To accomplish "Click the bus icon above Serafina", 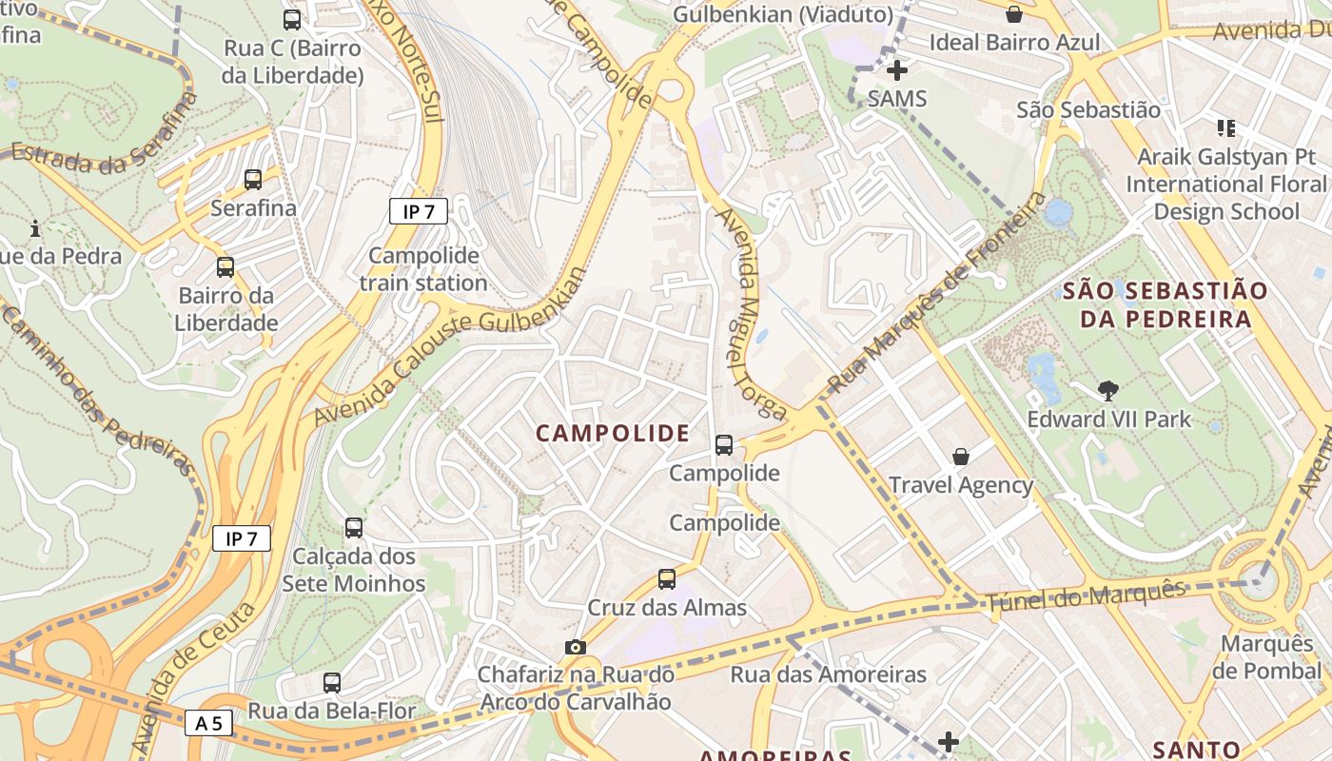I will tap(253, 179).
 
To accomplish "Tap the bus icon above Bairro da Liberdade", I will tap(225, 267).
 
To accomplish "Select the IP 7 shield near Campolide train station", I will tap(418, 211).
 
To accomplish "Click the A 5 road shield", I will tap(208, 723).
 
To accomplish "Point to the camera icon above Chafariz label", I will tap(575, 647).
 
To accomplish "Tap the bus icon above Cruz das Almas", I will tap(667, 579).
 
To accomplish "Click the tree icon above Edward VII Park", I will tap(1107, 390).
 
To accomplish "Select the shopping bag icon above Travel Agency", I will tap(961, 457).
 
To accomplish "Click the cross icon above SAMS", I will tap(896, 70).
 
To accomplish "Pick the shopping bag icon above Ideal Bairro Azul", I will tap(1014, 14).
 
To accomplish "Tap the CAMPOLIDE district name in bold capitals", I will tap(613, 434).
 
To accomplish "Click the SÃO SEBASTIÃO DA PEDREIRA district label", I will tap(1165, 304).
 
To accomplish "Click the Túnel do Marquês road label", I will tap(1086, 596).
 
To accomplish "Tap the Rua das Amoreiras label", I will tap(828, 674).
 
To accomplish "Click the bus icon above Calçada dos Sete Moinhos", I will tap(354, 527).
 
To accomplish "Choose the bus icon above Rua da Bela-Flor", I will tap(331, 682).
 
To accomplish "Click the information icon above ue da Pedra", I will tap(35, 228).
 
